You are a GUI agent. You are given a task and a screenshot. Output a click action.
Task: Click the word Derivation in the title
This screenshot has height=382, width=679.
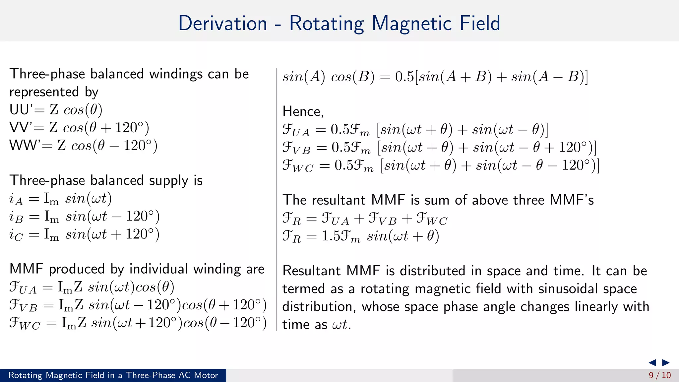222,24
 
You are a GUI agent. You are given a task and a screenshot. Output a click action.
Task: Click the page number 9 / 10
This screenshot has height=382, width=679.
659,375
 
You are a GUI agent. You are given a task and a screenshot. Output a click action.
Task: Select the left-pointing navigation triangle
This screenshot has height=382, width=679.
652,362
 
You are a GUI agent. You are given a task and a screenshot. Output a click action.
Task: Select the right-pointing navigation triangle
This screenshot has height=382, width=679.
666,362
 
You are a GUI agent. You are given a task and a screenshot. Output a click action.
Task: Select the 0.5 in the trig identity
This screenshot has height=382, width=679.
404,77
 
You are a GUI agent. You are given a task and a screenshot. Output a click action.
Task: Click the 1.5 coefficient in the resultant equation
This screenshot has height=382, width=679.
331,236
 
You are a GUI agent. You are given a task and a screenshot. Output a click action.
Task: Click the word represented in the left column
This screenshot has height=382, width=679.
44,92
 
